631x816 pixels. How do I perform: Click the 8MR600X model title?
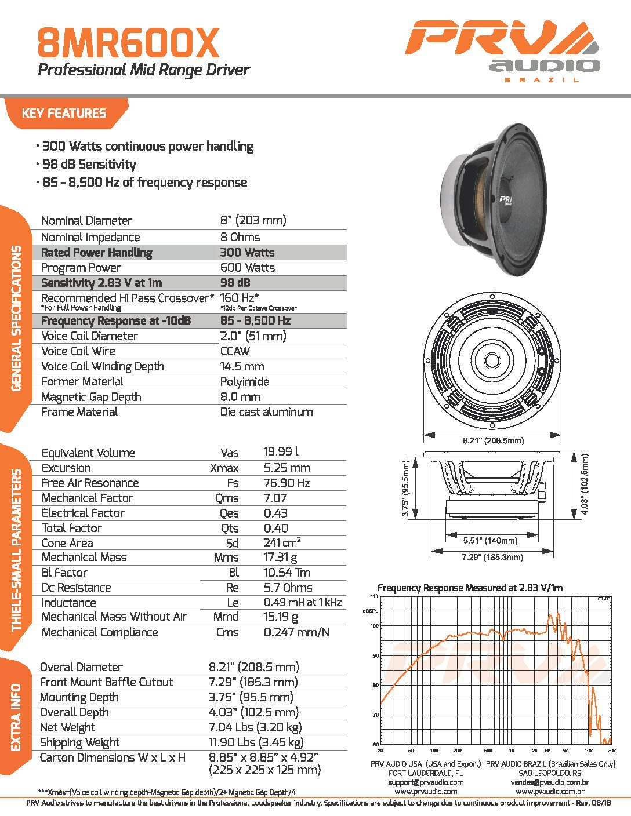(x=129, y=43)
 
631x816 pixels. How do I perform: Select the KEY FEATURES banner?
(x=64, y=113)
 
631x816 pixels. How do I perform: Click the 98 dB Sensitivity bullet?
(x=89, y=165)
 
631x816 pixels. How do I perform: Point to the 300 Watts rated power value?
(x=247, y=253)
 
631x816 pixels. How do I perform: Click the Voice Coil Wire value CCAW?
(x=235, y=351)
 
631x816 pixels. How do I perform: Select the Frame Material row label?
(x=79, y=412)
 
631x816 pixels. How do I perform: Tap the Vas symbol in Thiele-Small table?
(x=229, y=453)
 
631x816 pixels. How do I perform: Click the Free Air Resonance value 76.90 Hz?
(x=287, y=483)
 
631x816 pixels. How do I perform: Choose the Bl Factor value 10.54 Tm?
(x=287, y=573)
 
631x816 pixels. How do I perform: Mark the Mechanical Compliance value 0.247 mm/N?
(x=296, y=632)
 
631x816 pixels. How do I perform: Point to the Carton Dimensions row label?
(x=113, y=757)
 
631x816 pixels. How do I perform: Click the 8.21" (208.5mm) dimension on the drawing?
(x=493, y=440)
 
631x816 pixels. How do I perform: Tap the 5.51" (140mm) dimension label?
(x=490, y=541)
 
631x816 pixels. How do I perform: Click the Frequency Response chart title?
(x=470, y=588)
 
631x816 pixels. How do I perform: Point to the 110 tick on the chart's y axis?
(x=374, y=596)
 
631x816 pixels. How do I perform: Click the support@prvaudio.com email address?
(x=426, y=782)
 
